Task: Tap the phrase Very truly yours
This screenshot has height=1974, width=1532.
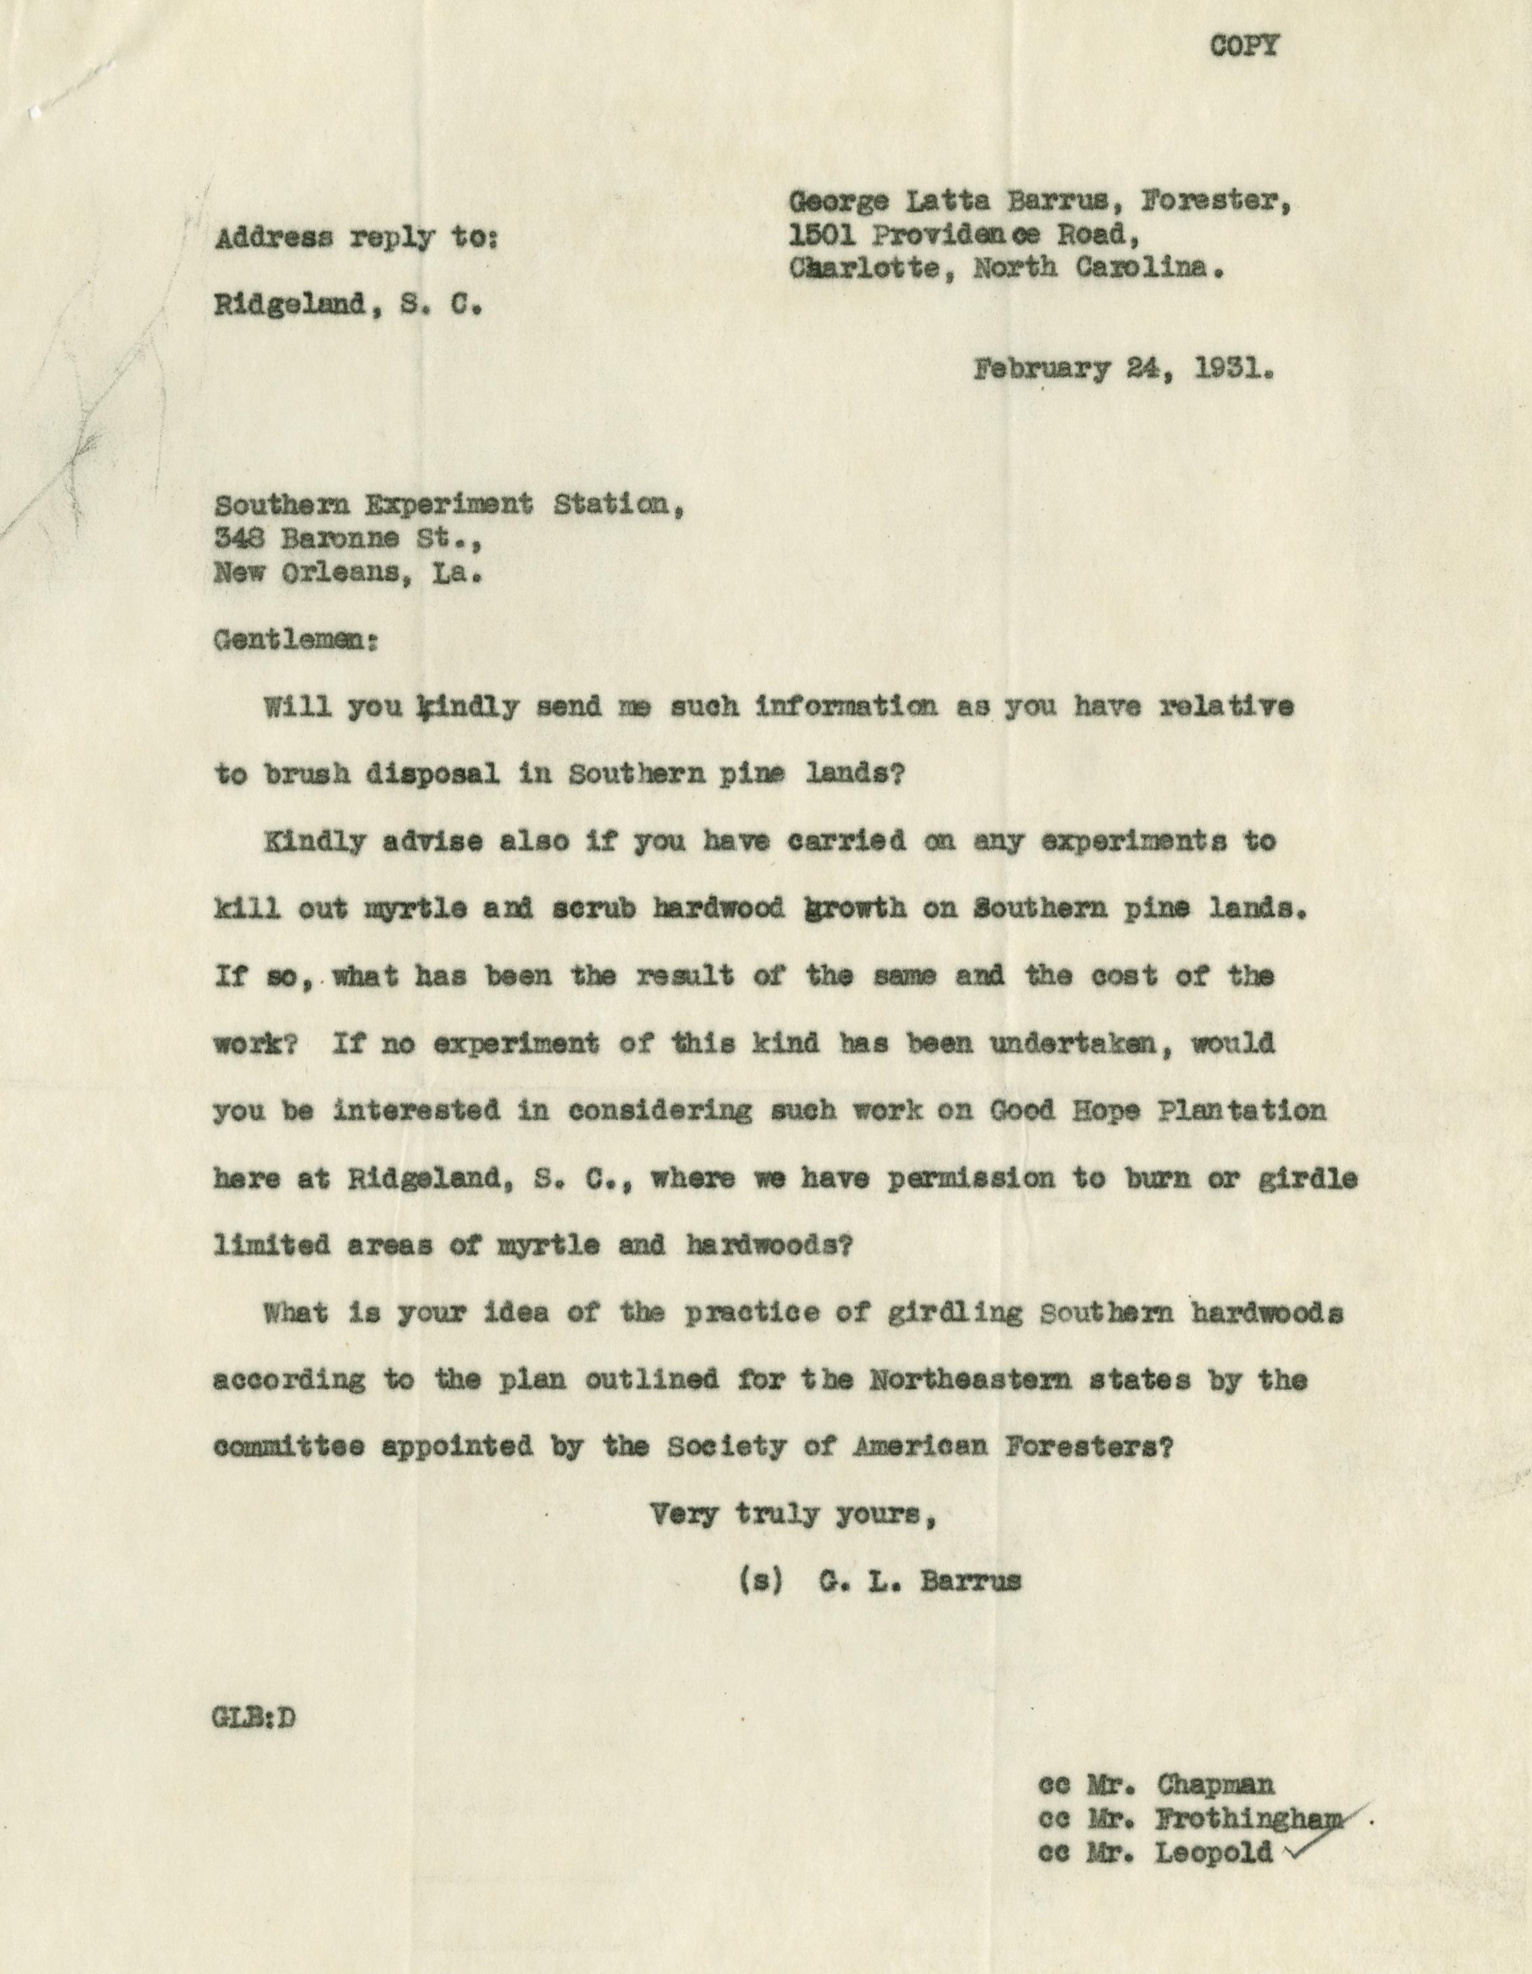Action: [x=792, y=1515]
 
